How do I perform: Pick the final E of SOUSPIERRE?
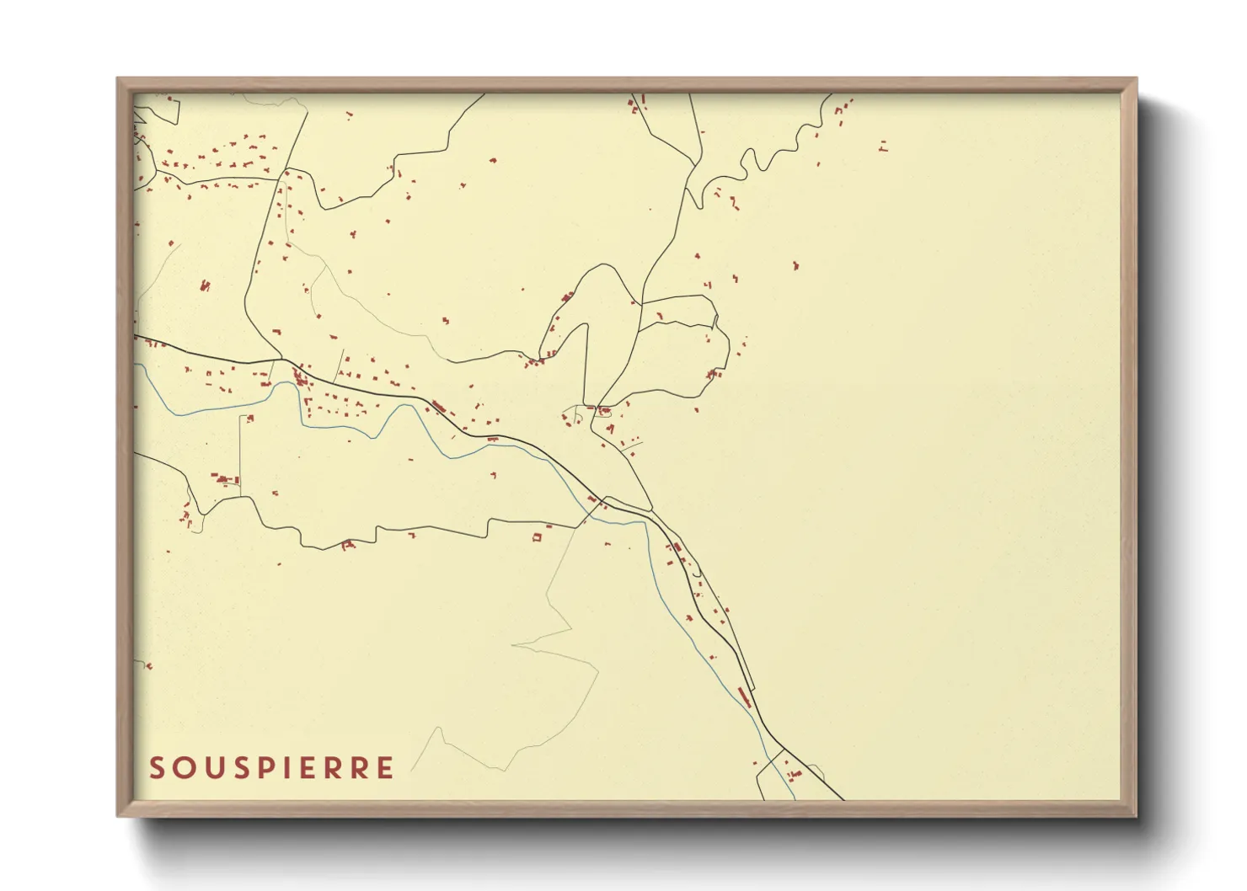tap(385, 768)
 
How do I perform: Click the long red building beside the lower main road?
tap(743, 696)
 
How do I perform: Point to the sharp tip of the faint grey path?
tap(513, 646)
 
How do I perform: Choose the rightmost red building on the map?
tap(882, 146)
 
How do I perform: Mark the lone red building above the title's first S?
tap(148, 666)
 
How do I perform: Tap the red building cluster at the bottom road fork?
tap(792, 773)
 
